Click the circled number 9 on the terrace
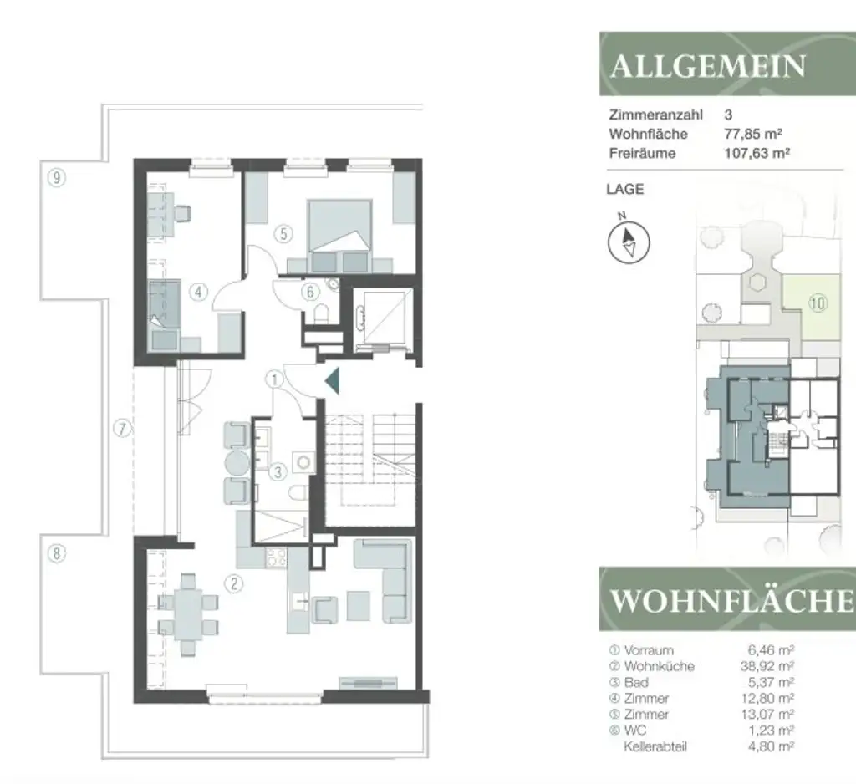point(57,177)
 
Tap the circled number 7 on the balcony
point(123,430)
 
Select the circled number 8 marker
point(56,553)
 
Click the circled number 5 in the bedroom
point(284,234)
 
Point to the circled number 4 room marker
point(198,293)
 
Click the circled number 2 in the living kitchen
point(236,585)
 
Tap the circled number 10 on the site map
point(817,303)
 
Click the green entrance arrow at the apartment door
point(332,381)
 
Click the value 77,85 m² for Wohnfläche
point(752,134)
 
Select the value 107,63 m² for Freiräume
point(756,154)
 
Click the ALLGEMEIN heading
point(708,66)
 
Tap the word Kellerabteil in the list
point(655,746)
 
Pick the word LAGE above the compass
point(624,190)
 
